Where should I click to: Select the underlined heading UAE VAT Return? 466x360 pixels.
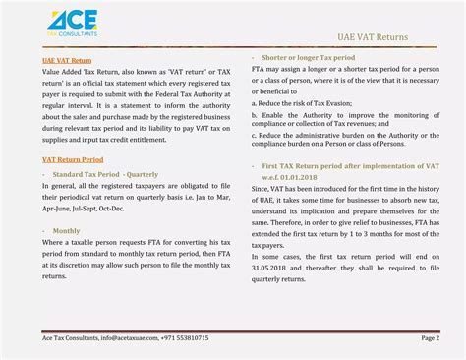tap(67, 61)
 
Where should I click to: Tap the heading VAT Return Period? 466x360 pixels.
tap(72, 158)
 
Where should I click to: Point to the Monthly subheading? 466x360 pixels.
tap(67, 230)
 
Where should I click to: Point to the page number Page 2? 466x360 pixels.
tap(430, 337)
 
